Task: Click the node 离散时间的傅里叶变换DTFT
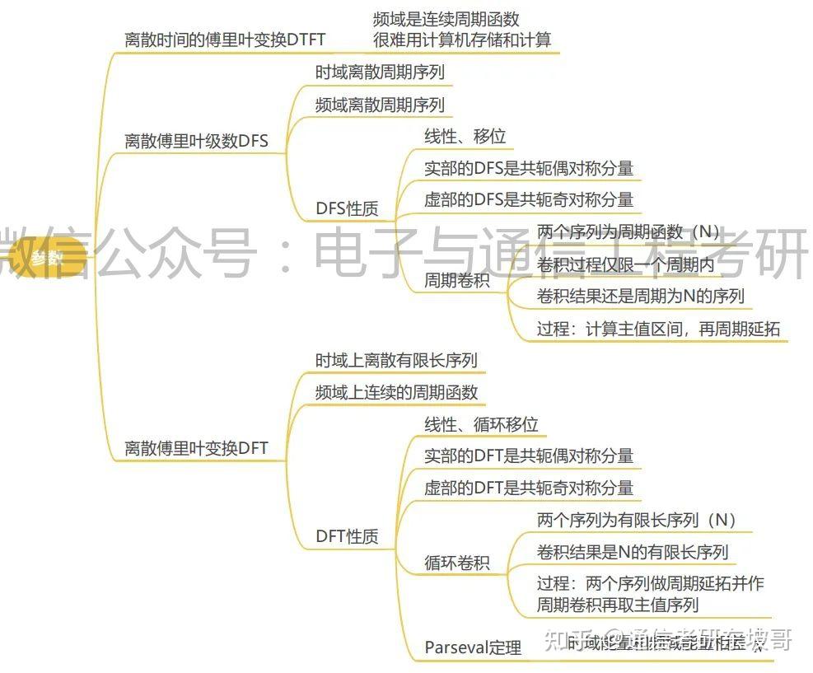(x=225, y=39)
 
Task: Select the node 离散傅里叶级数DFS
(x=196, y=140)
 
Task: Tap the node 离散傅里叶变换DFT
(x=196, y=448)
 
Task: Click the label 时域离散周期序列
(x=380, y=72)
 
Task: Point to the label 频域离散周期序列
(x=380, y=105)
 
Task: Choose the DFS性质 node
(x=347, y=208)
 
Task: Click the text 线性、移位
(x=465, y=136)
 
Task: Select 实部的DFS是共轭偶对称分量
(x=529, y=168)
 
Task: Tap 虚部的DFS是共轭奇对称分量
(x=529, y=199)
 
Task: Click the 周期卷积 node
(x=456, y=280)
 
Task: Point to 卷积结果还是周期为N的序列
(x=641, y=296)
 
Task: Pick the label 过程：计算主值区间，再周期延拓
(x=658, y=329)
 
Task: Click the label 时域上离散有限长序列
(x=396, y=360)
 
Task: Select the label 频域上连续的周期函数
(x=396, y=392)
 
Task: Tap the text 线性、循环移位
(x=481, y=424)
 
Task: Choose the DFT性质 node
(x=347, y=536)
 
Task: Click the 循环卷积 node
(x=456, y=563)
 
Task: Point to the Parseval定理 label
(x=473, y=647)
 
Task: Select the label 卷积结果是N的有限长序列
(x=633, y=551)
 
